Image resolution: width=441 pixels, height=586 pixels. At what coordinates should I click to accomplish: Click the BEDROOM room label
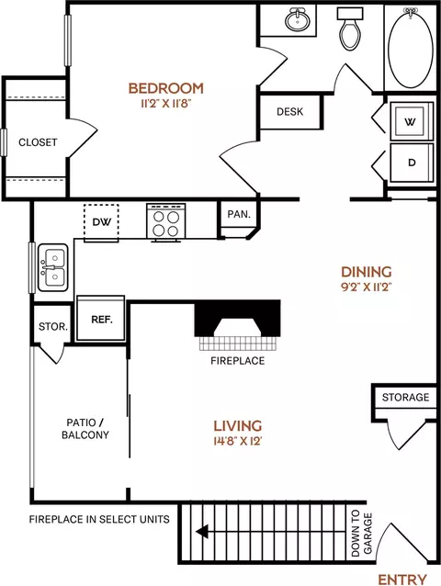(x=166, y=88)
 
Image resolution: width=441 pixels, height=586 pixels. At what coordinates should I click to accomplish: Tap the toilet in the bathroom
(x=350, y=28)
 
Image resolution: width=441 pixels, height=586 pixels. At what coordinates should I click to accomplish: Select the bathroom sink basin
(x=298, y=20)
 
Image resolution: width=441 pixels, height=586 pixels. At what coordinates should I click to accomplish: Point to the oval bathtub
(x=411, y=48)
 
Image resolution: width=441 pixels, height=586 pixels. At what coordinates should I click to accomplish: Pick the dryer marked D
(x=412, y=163)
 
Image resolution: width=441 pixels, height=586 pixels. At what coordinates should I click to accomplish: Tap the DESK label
(x=290, y=112)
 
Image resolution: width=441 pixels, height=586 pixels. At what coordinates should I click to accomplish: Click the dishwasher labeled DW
(x=101, y=222)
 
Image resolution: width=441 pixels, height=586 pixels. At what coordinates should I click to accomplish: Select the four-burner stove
(x=166, y=222)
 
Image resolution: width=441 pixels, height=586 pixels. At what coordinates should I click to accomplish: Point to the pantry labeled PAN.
(x=239, y=214)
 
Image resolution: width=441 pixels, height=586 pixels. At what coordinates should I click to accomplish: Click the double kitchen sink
(x=53, y=267)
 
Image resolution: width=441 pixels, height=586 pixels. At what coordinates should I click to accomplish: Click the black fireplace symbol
(x=237, y=318)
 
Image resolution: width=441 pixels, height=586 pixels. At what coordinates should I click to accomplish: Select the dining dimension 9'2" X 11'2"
(x=367, y=287)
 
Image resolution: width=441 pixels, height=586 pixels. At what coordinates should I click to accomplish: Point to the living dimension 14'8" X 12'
(x=237, y=441)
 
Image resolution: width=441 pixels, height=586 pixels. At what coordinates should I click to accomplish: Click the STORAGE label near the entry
(x=405, y=397)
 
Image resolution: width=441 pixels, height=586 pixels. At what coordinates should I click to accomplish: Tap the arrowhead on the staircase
(x=202, y=531)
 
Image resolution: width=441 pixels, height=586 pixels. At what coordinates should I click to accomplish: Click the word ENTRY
(x=402, y=580)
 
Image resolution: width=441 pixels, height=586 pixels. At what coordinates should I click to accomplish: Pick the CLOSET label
(x=38, y=142)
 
